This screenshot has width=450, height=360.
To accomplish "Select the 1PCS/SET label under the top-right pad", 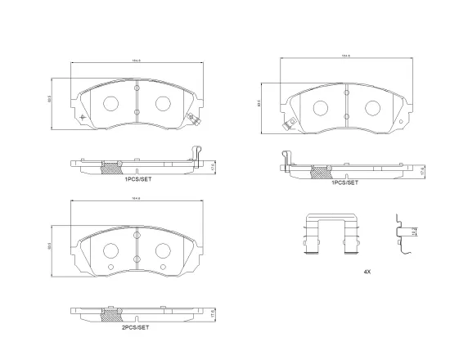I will pyautogui.click(x=344, y=183).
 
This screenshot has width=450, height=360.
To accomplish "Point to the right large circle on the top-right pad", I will pyautogui.click(x=373, y=107).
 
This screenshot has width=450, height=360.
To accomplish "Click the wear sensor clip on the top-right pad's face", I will pyautogui.click(x=286, y=125).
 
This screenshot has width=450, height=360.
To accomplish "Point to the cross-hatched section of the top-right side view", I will pyautogui.click(x=322, y=172).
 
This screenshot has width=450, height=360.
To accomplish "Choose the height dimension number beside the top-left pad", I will pyautogui.click(x=51, y=102).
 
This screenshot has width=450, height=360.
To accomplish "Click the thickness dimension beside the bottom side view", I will pyautogui.click(x=212, y=314).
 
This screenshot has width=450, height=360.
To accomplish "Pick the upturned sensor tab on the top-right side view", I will pyautogui.click(x=286, y=157).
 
